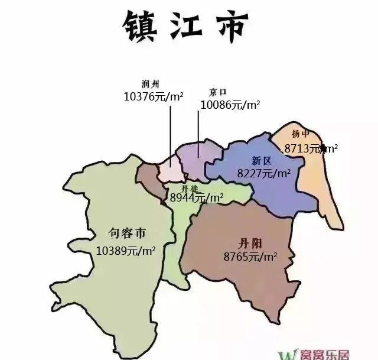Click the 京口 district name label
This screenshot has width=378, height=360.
click(218, 93)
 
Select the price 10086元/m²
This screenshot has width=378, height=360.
click(230, 105)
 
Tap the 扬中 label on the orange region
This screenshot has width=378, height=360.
click(301, 134)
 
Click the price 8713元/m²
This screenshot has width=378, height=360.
click(311, 148)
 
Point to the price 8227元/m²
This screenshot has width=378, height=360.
click(263, 173)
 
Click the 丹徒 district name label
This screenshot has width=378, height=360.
click(190, 188)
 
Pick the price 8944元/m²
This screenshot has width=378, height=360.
click(196, 198)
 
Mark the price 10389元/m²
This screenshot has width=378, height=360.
click(126, 250)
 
